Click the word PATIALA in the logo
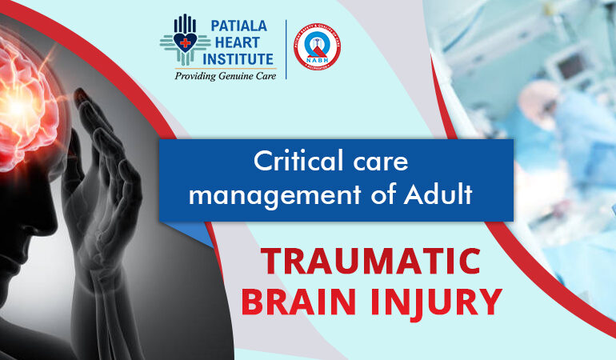239,26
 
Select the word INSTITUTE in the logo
239,59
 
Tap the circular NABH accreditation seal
317,46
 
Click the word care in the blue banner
381,162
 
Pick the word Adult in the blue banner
440,194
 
